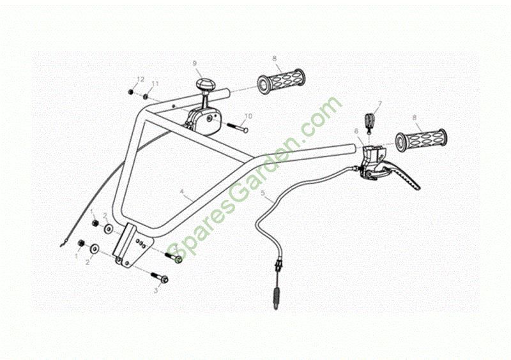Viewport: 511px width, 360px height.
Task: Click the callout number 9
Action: pos(195,63)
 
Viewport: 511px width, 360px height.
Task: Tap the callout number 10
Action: pos(248,116)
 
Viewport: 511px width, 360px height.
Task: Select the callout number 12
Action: pos(141,79)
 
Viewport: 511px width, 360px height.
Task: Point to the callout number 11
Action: pos(155,84)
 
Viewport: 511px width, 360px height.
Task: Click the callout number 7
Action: pos(379,103)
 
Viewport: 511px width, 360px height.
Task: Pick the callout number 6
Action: pos(356,131)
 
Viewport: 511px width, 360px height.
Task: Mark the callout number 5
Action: pos(263,193)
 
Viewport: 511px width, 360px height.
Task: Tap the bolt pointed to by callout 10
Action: pos(236,127)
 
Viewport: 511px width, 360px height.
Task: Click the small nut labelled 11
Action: pos(146,97)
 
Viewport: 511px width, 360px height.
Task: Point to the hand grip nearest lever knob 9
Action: pos(282,82)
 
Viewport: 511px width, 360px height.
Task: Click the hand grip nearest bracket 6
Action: pos(421,140)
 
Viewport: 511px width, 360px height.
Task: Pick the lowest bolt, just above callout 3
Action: pos(160,278)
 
